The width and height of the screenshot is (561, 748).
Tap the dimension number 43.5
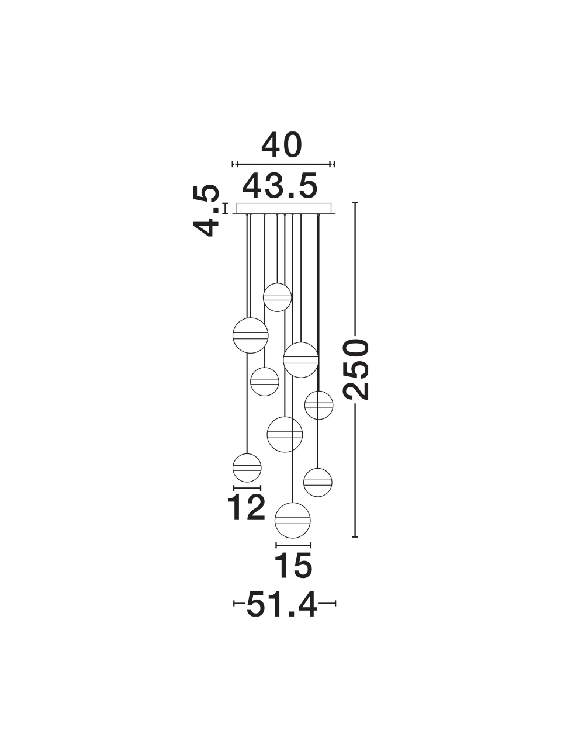pyautogui.click(x=280, y=186)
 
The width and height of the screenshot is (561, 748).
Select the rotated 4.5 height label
pyautogui.click(x=206, y=210)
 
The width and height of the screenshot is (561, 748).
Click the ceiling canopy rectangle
pyautogui.click(x=284, y=208)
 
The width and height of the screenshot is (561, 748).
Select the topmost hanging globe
pyautogui.click(x=277, y=297)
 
